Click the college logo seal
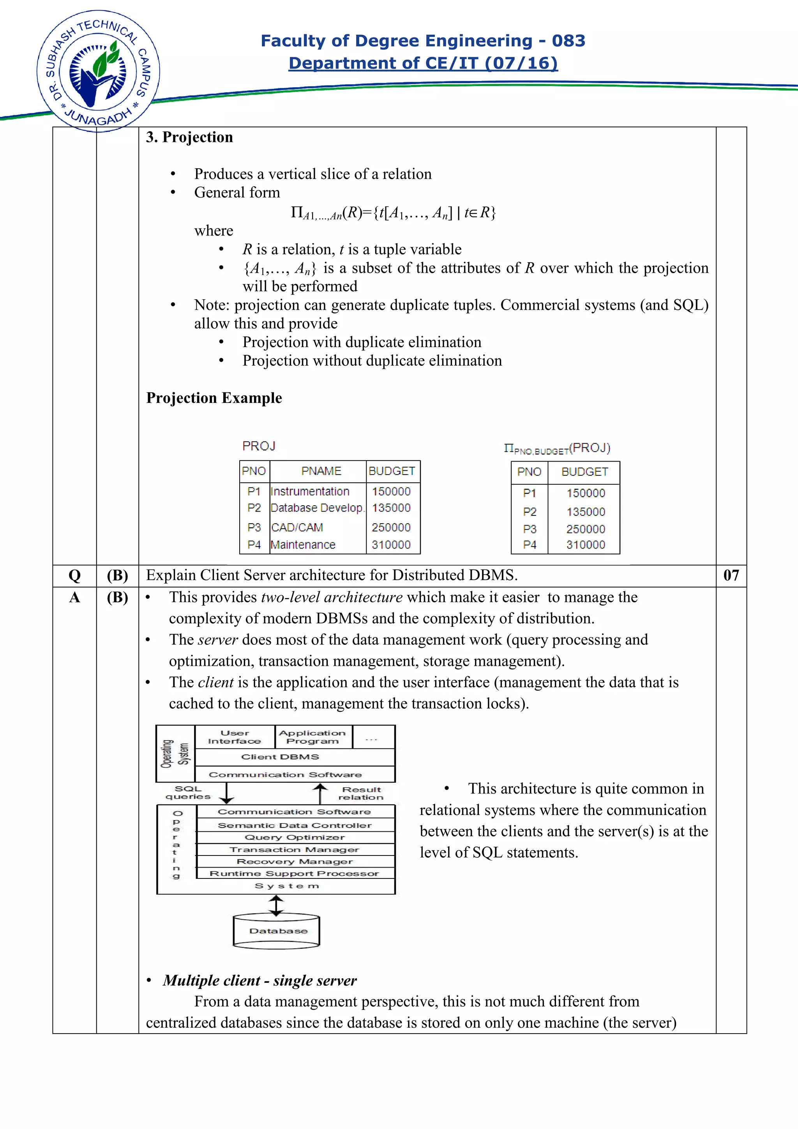(98, 72)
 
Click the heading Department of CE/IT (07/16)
(423, 63)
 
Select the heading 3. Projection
(189, 137)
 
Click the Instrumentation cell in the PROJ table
(310, 491)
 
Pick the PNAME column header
(321, 471)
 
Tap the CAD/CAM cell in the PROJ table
(297, 527)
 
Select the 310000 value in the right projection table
(585, 545)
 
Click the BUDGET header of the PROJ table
(392, 471)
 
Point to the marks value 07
(731, 575)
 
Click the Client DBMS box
(280, 757)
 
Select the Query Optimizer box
(295, 838)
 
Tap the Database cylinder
(276, 930)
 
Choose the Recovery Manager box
(295, 861)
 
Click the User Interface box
(235, 737)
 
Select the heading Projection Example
(214, 398)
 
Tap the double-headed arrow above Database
(276, 905)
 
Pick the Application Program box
(313, 737)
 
